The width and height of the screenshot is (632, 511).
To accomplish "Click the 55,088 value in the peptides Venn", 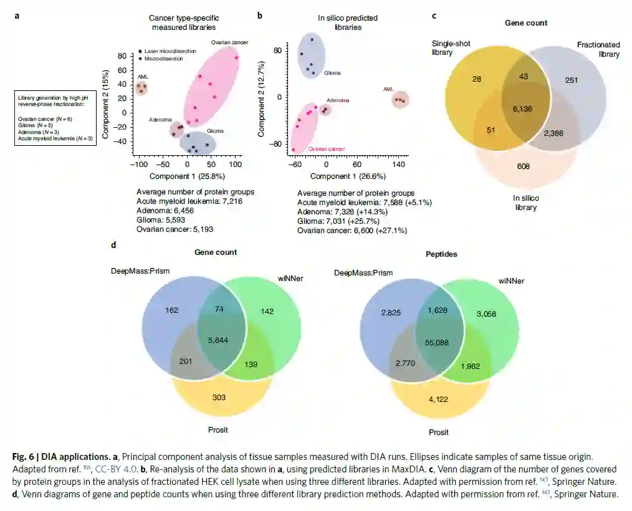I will pos(436,343).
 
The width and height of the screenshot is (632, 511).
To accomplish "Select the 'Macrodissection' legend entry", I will pos(163,59).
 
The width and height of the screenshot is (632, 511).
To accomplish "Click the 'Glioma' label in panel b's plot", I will pos(332,73).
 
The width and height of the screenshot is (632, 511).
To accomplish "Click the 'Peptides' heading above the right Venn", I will pos(441,254).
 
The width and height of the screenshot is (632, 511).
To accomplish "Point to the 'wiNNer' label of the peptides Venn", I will pos(510,281).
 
